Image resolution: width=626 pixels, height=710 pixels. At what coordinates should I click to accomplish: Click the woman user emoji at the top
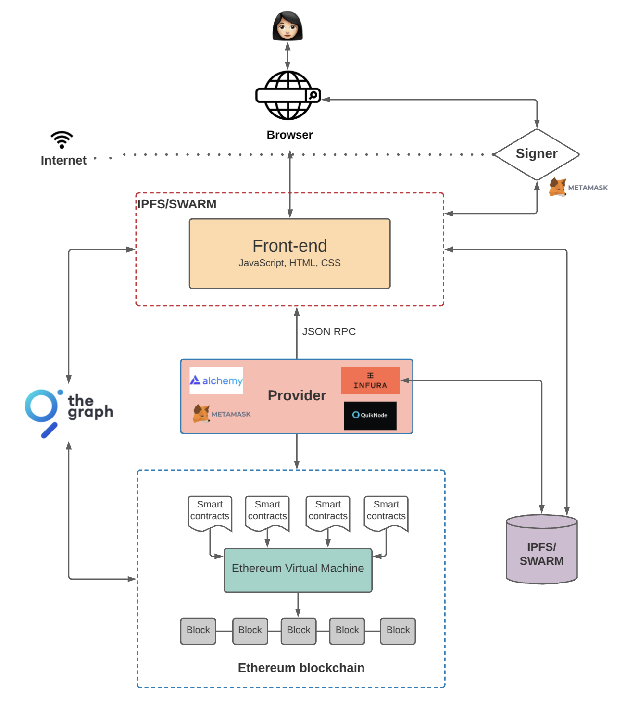(288, 26)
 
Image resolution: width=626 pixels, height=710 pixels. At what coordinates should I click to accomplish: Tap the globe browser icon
(288, 95)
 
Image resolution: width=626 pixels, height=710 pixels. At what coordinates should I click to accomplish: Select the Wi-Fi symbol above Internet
(62, 139)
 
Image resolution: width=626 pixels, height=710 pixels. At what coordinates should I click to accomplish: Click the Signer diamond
(537, 154)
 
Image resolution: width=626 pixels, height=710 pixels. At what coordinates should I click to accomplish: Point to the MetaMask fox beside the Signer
(558, 187)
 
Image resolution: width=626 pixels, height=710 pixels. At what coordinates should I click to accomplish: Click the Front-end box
(289, 254)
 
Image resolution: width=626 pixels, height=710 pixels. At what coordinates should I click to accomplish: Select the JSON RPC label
(329, 331)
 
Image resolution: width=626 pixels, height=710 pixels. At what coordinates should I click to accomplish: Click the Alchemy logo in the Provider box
(216, 380)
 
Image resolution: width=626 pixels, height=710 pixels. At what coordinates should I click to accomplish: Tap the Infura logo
(370, 380)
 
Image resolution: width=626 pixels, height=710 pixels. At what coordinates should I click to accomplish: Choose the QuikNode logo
(370, 415)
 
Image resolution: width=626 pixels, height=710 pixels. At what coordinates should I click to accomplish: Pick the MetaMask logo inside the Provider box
(222, 414)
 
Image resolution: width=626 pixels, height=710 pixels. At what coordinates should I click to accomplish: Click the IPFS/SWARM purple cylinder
(541, 551)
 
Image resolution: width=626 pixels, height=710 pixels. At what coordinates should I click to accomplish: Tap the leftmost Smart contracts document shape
(210, 513)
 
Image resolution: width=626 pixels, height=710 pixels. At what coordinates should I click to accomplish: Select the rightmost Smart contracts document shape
(386, 513)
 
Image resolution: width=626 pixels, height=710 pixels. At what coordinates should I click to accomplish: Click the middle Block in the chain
(299, 631)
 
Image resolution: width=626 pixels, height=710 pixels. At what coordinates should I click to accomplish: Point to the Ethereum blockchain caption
(301, 668)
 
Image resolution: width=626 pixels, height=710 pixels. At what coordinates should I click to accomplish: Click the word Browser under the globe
(289, 135)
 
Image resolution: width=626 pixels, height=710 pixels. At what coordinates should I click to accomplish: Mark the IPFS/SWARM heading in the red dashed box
(177, 204)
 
